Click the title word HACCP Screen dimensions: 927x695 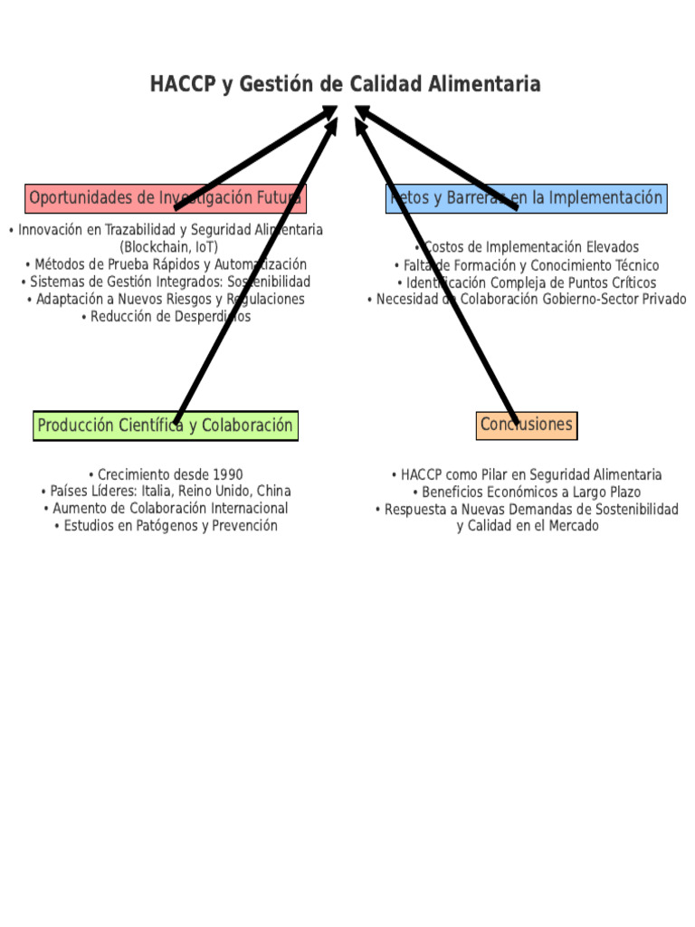point(183,85)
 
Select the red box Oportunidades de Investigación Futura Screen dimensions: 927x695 point(165,198)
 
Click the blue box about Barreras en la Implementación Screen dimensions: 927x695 point(526,198)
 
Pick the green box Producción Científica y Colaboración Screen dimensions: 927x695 point(165,425)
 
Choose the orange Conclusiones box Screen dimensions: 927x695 point(526,425)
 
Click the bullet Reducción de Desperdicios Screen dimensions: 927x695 point(165,317)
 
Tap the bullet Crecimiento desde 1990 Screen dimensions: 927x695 point(165,474)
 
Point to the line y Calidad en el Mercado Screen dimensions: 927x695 point(528,526)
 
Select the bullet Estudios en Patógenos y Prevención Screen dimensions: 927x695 point(165,526)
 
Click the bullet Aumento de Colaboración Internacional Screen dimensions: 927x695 point(165,509)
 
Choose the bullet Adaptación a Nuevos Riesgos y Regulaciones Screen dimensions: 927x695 point(165,300)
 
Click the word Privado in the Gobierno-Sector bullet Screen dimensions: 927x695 point(664,300)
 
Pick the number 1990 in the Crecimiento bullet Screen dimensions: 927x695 point(226,474)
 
